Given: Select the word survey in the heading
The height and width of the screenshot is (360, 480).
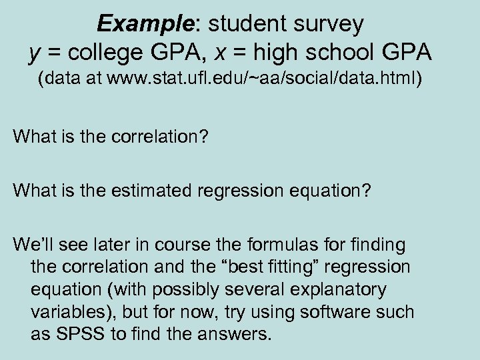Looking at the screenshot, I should (331, 24).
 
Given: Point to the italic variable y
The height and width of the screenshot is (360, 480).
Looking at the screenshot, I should (34, 52).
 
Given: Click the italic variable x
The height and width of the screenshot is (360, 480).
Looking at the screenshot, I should (236, 52).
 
